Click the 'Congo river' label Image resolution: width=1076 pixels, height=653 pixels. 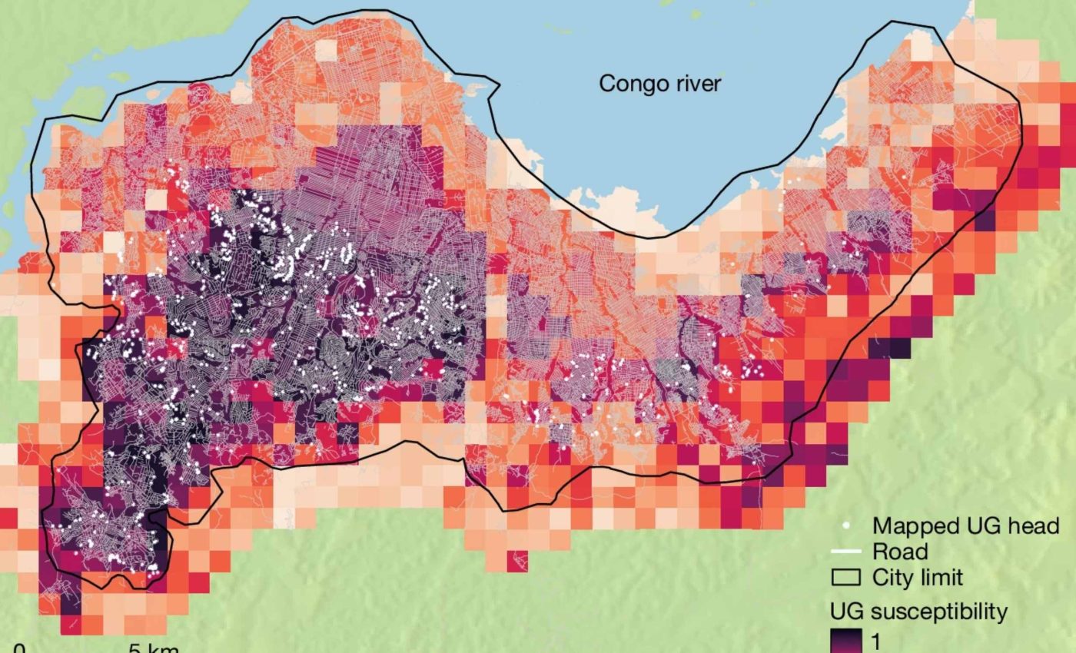coord(659,83)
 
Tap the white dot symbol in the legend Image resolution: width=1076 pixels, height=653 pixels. coord(846,526)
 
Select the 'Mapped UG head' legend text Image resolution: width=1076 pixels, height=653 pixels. coord(965,526)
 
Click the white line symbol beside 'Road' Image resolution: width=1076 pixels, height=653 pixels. coord(846,552)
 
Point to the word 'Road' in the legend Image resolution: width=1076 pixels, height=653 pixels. coord(900,552)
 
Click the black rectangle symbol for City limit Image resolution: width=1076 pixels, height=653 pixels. coord(846,577)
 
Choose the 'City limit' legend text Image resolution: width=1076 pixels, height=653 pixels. coord(917,577)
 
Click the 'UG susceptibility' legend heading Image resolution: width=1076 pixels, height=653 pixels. coord(918,612)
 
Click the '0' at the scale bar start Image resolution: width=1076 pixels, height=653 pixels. coord(20,648)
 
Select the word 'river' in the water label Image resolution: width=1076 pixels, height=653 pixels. coord(696,83)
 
